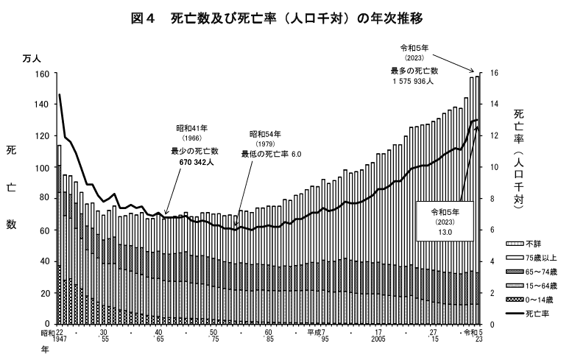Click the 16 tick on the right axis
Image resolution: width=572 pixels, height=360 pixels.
(495, 74)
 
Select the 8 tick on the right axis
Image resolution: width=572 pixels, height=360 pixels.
(492, 199)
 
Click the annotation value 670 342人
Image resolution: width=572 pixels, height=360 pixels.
(194, 162)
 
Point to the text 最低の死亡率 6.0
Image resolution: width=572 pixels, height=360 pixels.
(272, 154)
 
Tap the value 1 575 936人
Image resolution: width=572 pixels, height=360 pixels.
(413, 82)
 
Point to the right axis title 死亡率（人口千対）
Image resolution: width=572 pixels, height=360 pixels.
(518, 158)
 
